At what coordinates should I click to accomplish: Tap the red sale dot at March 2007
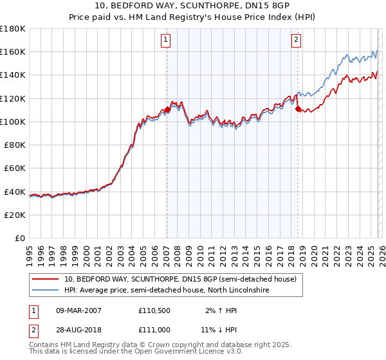tap(167, 109)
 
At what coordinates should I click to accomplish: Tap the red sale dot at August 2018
tap(298, 109)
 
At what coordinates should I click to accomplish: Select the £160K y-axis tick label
tap(13, 51)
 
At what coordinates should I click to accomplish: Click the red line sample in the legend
tap(46, 279)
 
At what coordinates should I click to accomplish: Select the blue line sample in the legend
tap(46, 291)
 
